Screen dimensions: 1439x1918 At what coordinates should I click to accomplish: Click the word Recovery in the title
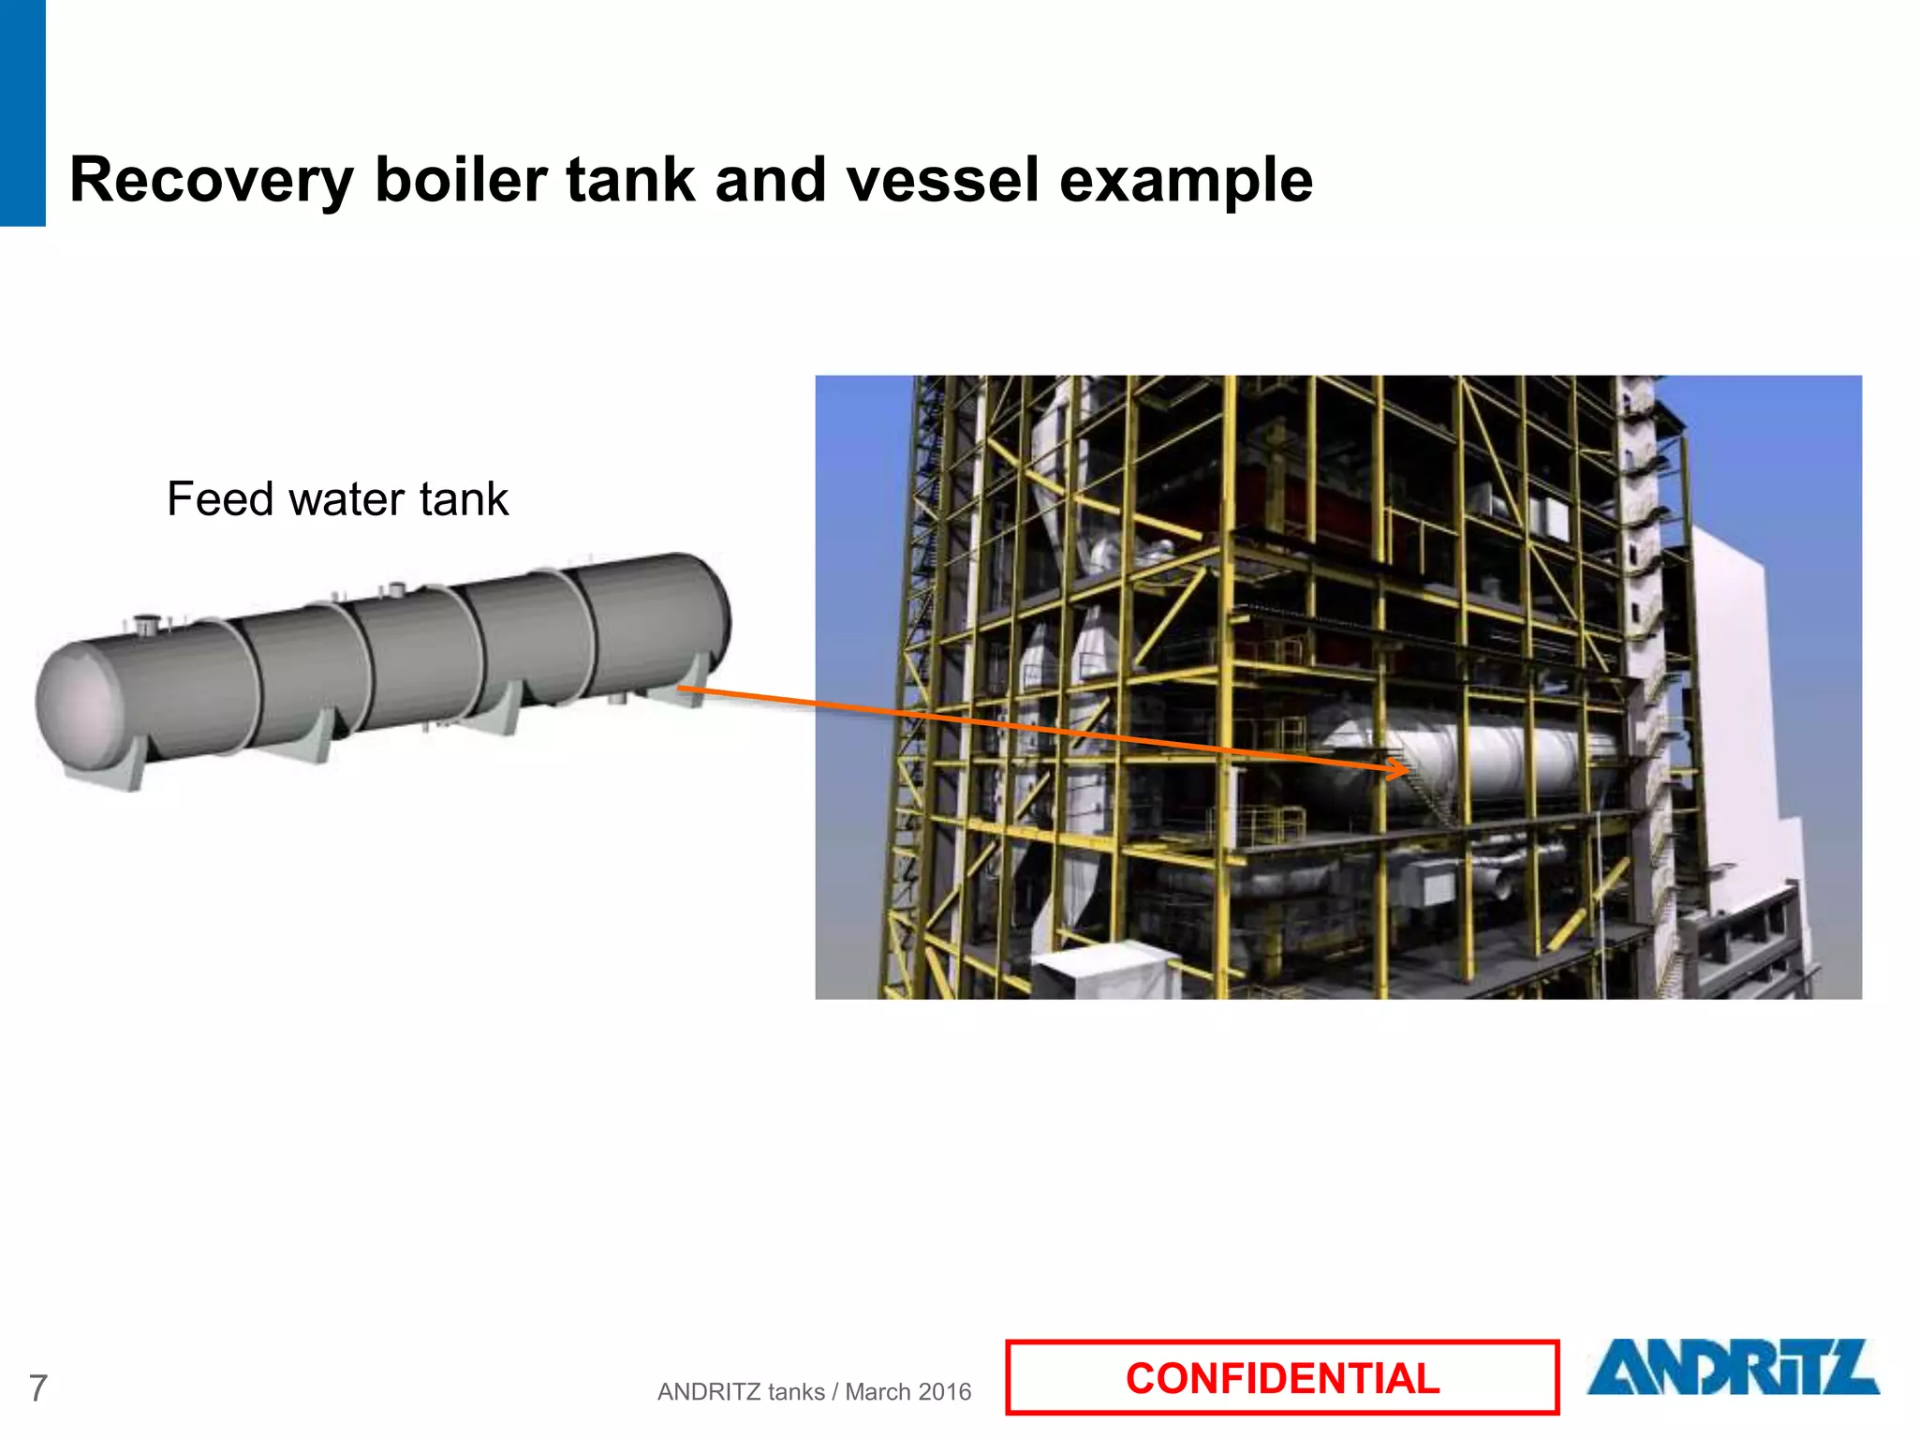pos(211,180)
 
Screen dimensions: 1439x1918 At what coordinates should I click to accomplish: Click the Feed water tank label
pos(337,498)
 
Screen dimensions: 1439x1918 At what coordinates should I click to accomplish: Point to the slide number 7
pos(37,1387)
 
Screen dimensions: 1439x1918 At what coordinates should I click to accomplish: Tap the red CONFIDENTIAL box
pos(1281,1377)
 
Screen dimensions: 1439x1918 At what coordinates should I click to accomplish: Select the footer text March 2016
pos(907,1392)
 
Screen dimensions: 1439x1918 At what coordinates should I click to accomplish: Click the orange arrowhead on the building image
pos(1401,770)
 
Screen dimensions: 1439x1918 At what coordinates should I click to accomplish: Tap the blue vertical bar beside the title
pos(22,112)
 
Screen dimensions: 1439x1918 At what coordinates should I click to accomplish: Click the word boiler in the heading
pos(460,180)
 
